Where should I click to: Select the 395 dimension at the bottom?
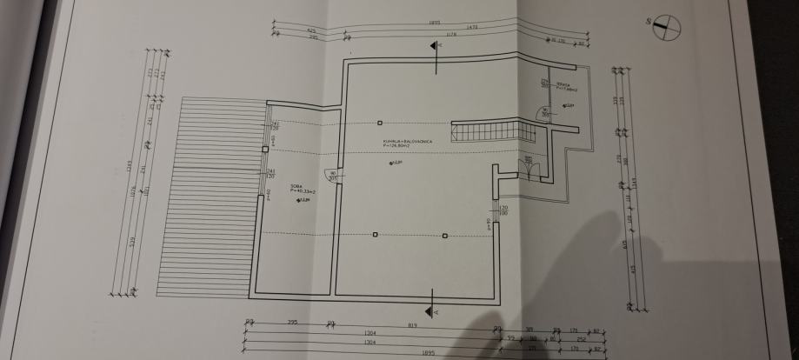pyautogui.click(x=292, y=323)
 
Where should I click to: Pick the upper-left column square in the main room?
pyautogui.click(x=379, y=123)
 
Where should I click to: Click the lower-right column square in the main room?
pyautogui.click(x=446, y=235)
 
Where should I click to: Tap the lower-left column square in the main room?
pyautogui.click(x=375, y=235)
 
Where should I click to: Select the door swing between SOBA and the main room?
pyautogui.click(x=329, y=177)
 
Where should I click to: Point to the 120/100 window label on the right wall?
pyautogui.click(x=503, y=210)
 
